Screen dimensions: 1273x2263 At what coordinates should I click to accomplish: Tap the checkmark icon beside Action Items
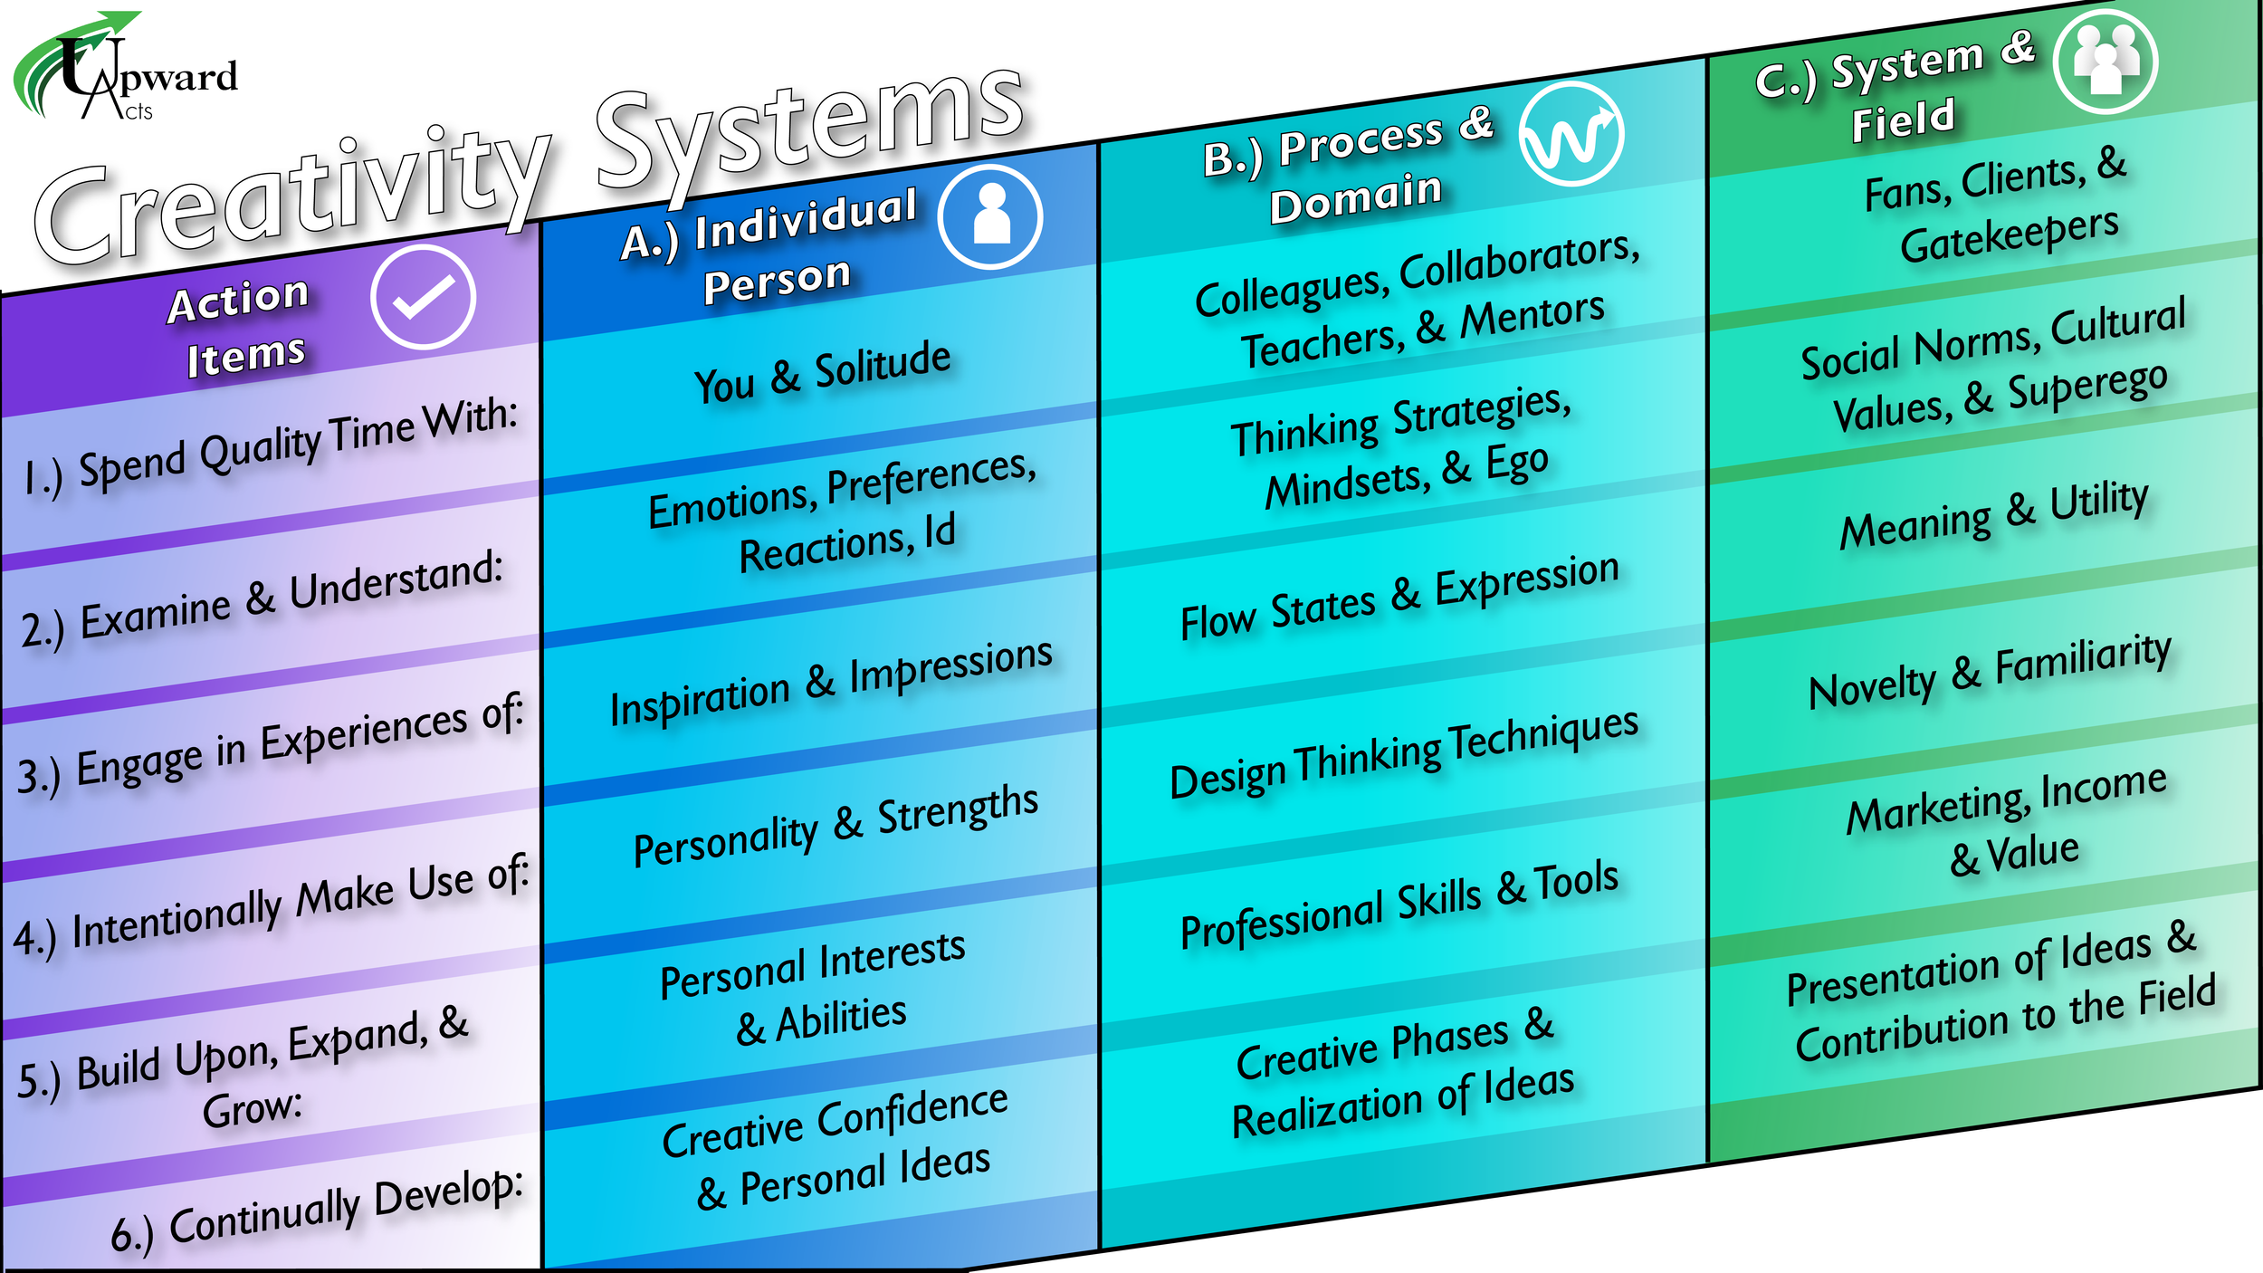[x=423, y=297]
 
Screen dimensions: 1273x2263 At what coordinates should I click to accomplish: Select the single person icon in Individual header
[x=990, y=217]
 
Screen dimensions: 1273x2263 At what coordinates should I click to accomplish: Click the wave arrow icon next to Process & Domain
[x=1571, y=135]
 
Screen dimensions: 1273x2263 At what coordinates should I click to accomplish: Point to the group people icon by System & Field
[x=2105, y=62]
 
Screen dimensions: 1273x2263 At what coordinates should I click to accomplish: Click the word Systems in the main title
[x=810, y=131]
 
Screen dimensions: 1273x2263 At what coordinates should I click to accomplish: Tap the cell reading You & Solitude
[x=822, y=373]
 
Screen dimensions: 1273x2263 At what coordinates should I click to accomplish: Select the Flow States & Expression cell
[x=1399, y=598]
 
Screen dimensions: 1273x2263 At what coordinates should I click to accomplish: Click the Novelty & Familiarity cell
[x=1990, y=672]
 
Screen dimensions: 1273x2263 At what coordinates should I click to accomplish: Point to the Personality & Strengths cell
[x=835, y=826]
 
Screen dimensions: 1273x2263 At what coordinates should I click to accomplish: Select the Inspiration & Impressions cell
[x=831, y=682]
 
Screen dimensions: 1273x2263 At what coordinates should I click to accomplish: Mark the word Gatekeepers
[x=2010, y=235]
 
